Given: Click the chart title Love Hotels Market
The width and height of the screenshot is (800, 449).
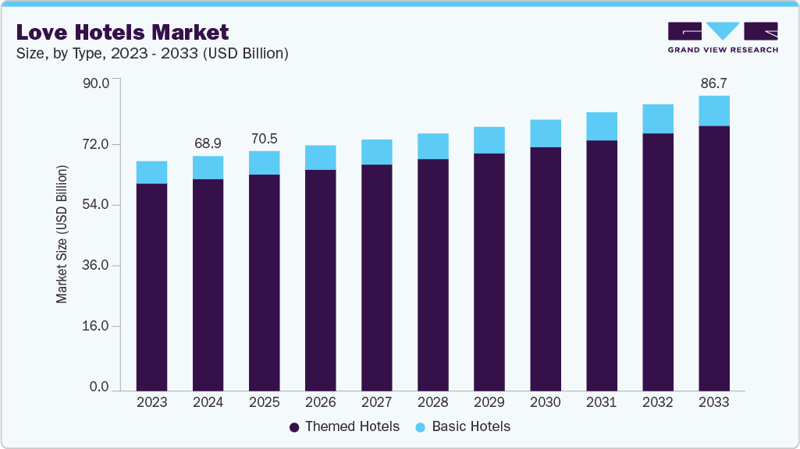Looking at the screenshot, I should tap(123, 32).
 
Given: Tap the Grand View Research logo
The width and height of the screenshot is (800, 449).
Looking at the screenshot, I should tap(723, 37).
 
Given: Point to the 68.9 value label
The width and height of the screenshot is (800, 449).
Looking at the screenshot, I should tap(208, 143).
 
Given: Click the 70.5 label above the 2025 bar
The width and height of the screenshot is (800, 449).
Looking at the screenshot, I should tap(264, 139).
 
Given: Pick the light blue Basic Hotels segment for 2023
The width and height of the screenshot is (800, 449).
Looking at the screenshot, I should tap(151, 172).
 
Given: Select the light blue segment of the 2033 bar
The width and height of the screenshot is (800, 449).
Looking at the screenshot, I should tap(713, 111).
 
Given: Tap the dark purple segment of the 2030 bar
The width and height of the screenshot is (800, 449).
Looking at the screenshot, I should tap(545, 268).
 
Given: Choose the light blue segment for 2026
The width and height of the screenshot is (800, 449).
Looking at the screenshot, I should tap(320, 157).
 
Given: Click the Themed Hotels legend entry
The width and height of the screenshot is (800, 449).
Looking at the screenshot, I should tap(344, 426).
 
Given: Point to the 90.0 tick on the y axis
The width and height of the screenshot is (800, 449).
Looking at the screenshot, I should tap(100, 83).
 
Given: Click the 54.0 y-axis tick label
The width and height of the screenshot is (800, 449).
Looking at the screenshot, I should tap(100, 205).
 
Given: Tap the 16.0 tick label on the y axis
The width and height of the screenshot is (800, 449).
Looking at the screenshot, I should tap(100, 327).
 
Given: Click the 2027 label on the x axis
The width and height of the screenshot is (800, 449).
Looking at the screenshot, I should tap(376, 403).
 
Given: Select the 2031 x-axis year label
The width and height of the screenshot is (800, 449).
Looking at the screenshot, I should tap(601, 403).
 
